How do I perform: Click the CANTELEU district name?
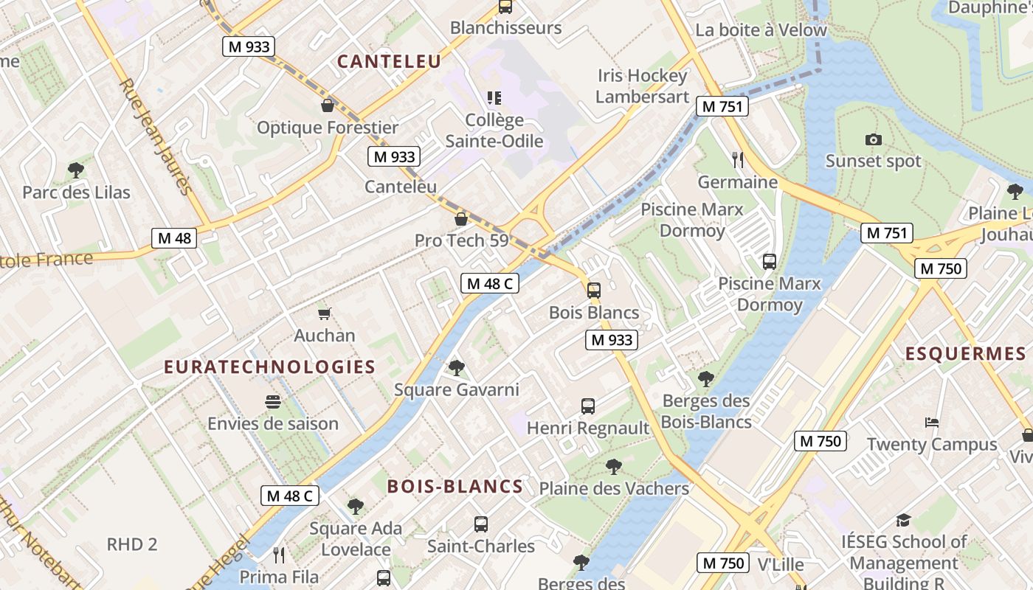coord(389,62)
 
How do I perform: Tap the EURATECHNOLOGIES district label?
coord(269,367)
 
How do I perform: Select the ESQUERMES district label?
coord(965,353)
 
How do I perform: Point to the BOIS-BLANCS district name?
coord(455,487)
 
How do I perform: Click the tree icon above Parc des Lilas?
coord(75,171)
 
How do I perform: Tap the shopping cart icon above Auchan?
coord(324,314)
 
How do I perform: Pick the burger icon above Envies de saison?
coord(273,402)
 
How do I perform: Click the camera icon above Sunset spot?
coord(873,139)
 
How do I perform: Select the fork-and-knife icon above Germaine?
coord(736,160)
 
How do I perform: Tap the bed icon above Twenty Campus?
coord(932,423)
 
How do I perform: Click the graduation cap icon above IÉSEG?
coord(903,521)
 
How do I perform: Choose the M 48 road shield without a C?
coord(174,238)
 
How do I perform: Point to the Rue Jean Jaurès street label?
coord(156,137)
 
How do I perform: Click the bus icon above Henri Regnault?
coord(587,406)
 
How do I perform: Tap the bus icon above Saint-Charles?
coord(481,524)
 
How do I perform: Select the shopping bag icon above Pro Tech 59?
coord(461,219)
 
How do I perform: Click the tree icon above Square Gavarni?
coord(457,368)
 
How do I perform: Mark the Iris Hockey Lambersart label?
coord(642,86)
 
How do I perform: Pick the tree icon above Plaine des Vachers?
coord(613,467)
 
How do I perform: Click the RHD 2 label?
coord(132,544)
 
